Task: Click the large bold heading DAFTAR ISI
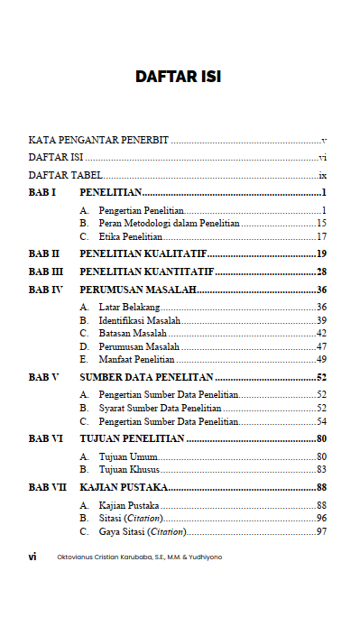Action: coord(179,78)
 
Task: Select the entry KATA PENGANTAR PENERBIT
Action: coord(99,141)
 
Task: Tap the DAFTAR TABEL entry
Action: coord(64,175)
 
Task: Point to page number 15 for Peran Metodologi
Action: coord(320,223)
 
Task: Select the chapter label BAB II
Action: coord(44,253)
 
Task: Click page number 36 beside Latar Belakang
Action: coord(320,308)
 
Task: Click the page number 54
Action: coord(320,421)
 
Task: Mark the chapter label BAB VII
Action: coord(47,487)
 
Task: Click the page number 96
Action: coord(320,519)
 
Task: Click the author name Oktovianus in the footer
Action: coord(75,557)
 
